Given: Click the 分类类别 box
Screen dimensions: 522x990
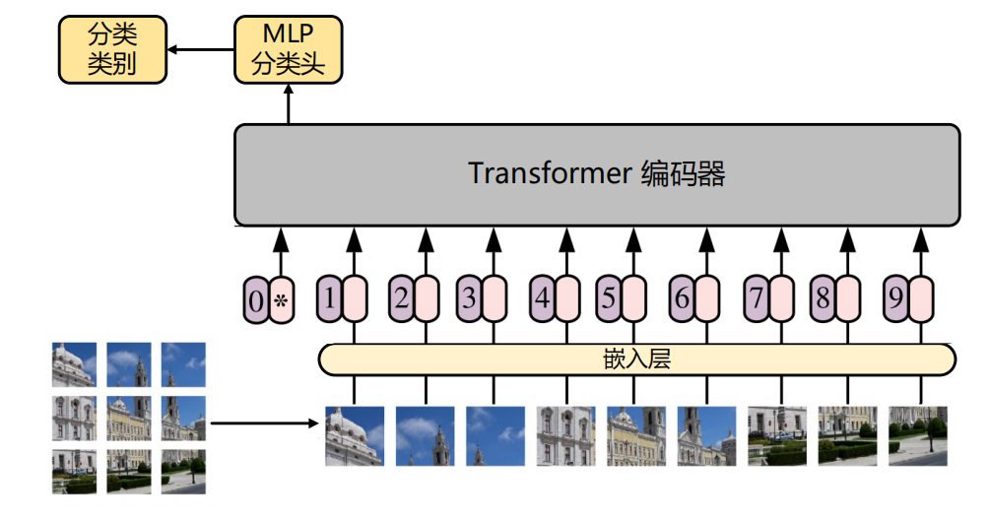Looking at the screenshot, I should coord(111,49).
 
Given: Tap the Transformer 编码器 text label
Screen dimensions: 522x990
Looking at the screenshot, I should coord(597,174).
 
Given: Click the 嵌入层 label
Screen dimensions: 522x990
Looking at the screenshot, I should coord(636,359).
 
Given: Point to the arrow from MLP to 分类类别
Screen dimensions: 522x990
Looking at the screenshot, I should coord(199,48).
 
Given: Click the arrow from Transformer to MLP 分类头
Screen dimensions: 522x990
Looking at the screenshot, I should coord(288,104).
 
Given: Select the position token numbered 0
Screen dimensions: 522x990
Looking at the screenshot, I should coord(256,300).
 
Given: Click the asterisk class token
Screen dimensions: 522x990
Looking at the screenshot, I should coord(283,300).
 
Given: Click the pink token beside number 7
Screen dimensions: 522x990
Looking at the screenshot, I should coord(782,299).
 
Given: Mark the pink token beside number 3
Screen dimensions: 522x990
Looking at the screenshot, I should coord(495,299).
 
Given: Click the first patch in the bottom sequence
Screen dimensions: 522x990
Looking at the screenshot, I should coord(355,435).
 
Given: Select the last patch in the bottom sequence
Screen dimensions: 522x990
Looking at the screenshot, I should coord(918,435).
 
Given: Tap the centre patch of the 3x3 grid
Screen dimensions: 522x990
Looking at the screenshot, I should coord(129,418).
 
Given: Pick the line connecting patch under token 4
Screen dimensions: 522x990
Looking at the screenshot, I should coord(566,390).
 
